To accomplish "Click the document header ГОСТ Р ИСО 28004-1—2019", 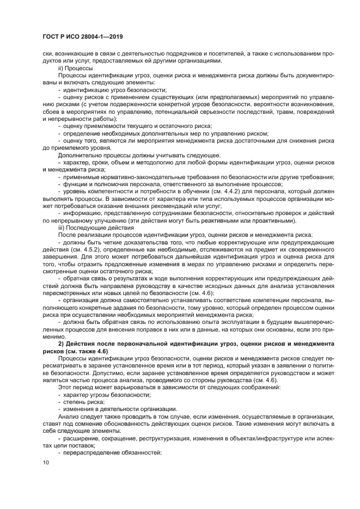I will point(82,36).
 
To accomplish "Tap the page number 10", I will point(45,462).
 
